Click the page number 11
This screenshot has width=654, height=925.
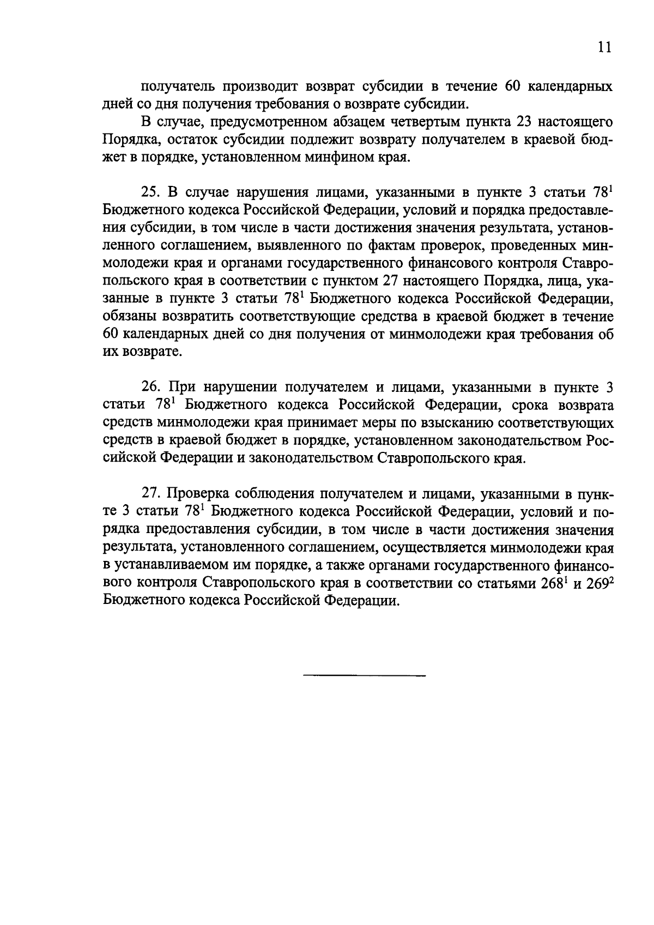(x=604, y=47)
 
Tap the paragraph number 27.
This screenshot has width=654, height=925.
(x=150, y=494)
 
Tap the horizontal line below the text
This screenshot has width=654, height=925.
(x=364, y=676)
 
